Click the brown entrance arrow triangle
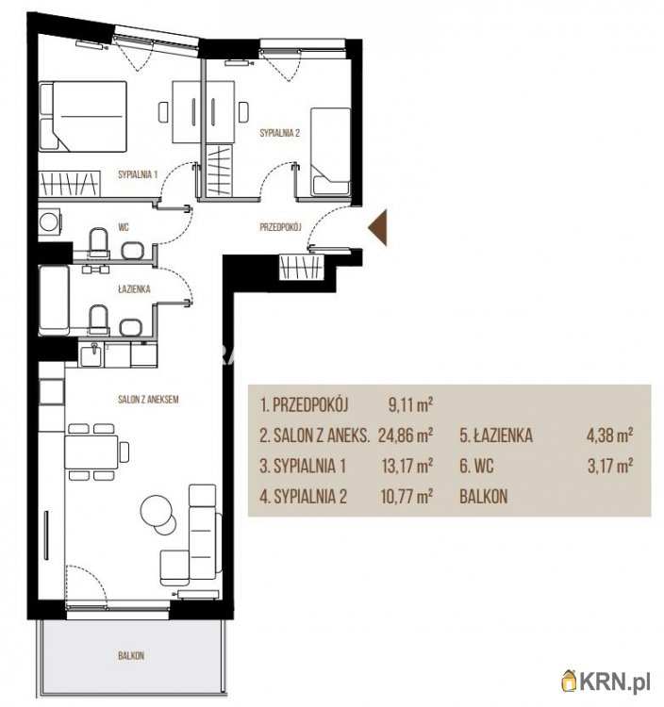click(x=380, y=228)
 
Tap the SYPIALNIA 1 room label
click(x=138, y=174)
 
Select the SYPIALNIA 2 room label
click(x=280, y=133)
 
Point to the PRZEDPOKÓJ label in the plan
click(x=280, y=227)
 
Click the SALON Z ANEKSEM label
click(x=148, y=400)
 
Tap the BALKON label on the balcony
click(x=131, y=655)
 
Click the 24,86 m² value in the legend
click(x=406, y=436)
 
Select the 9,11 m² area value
click(x=410, y=405)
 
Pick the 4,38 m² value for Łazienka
click(x=609, y=436)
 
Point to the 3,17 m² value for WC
click(x=610, y=466)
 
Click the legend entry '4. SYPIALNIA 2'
click(x=303, y=497)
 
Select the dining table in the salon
click(x=91, y=452)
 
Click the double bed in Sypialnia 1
click(x=83, y=116)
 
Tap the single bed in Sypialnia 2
click(x=331, y=152)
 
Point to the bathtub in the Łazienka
click(x=54, y=301)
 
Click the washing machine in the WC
click(x=49, y=221)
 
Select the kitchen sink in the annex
click(x=91, y=354)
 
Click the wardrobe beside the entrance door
click(x=302, y=268)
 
